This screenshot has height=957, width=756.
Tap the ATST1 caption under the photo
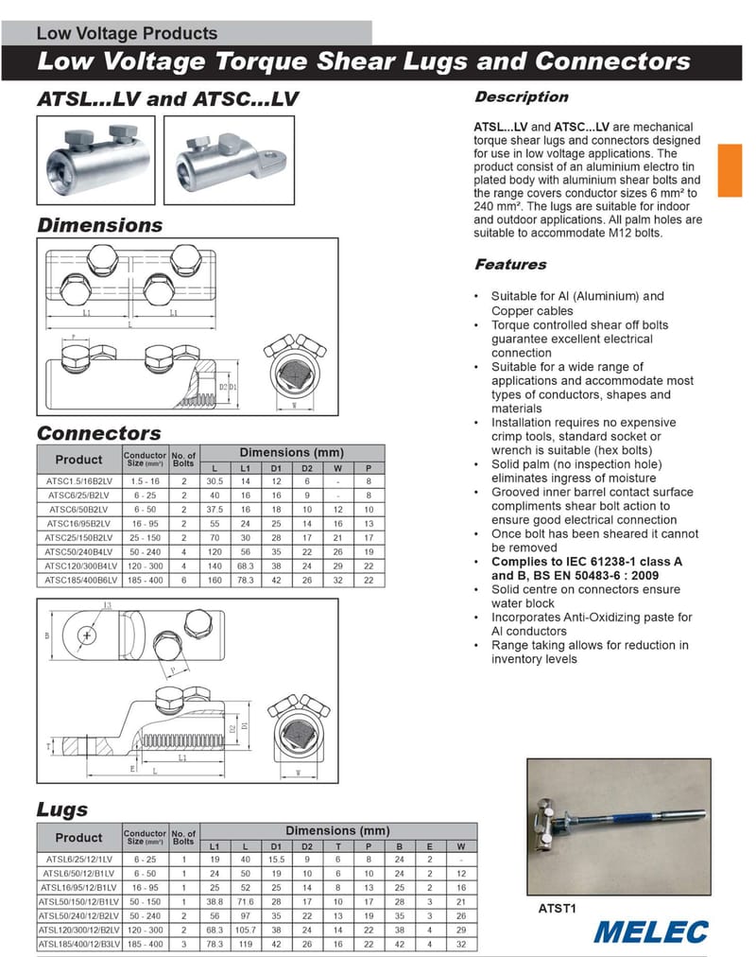[558, 909]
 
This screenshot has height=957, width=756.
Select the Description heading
[521, 97]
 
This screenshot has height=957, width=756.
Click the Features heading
[510, 265]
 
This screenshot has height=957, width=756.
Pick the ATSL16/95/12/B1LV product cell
[78, 888]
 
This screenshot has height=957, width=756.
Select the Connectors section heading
[98, 433]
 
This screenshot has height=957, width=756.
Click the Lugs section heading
[61, 809]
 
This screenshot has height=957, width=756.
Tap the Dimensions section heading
[99, 225]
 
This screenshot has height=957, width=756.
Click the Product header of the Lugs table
[78, 838]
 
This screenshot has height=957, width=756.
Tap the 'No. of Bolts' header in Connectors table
[184, 459]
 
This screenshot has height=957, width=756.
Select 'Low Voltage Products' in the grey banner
[127, 33]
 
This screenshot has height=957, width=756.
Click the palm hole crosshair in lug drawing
[87, 635]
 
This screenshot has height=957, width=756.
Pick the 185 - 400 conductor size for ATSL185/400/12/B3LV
[146, 944]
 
